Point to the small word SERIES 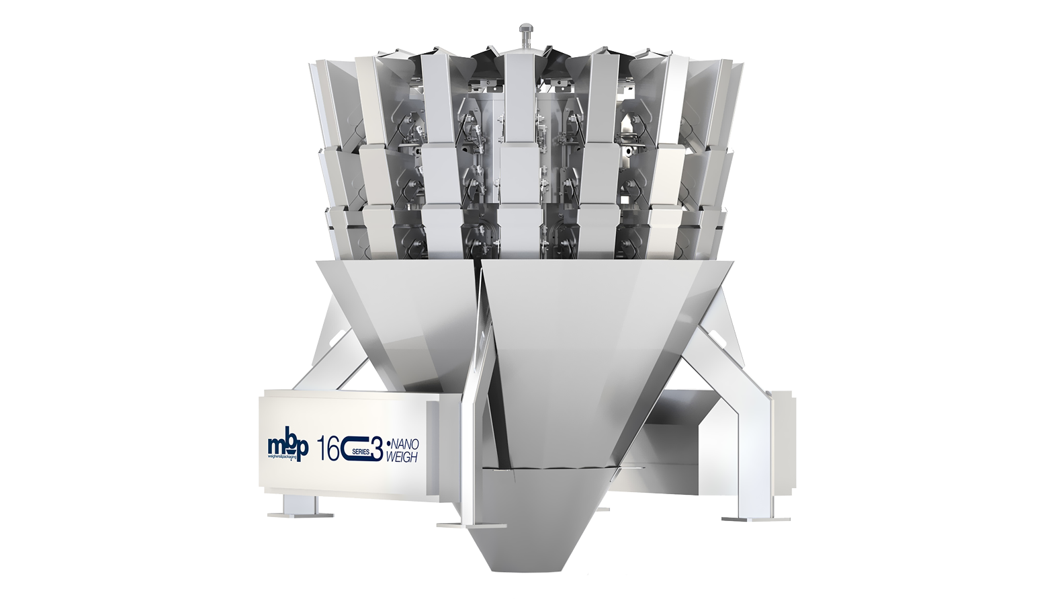(363, 452)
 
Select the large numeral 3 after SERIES (377, 450)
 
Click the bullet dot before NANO (388, 444)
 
